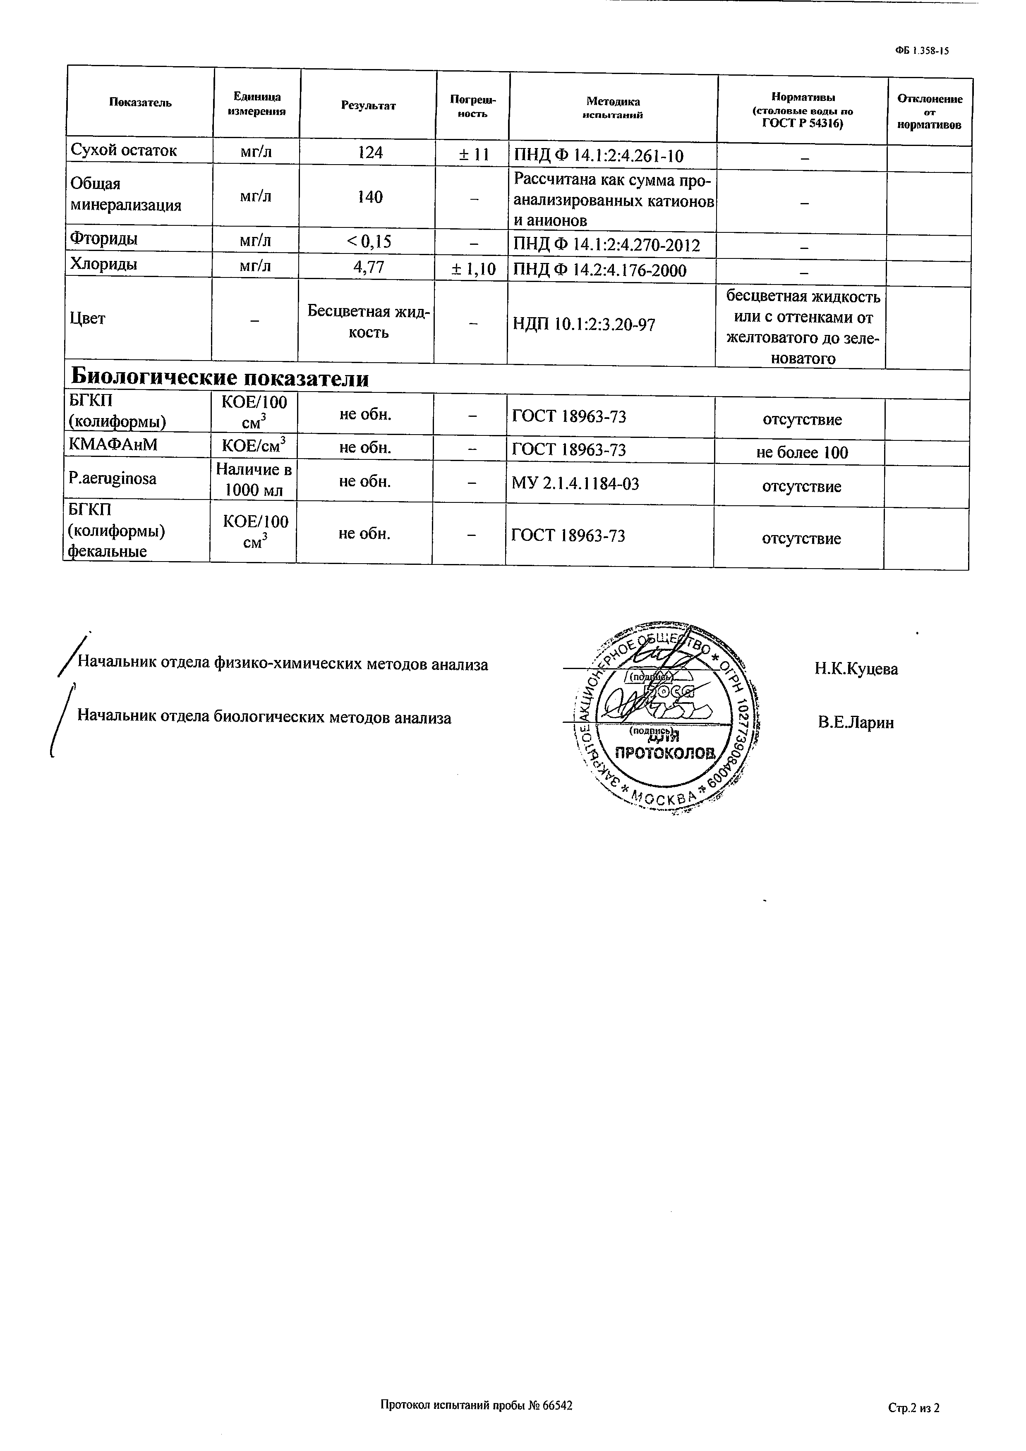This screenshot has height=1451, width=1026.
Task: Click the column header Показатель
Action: pyautogui.click(x=140, y=103)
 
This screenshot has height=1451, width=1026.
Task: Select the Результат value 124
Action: pyautogui.click(x=370, y=152)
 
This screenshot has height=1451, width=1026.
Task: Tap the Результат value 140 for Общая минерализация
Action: pyautogui.click(x=370, y=197)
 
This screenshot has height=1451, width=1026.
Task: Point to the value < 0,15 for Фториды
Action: pyautogui.click(x=369, y=241)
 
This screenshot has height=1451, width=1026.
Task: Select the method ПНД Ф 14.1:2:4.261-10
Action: pyautogui.click(x=598, y=156)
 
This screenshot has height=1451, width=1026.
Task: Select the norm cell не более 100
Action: pyautogui.click(x=802, y=452)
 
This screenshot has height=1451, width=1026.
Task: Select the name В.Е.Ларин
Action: pyautogui.click(x=856, y=722)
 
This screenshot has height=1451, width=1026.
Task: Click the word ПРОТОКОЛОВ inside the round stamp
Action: pyautogui.click(x=666, y=753)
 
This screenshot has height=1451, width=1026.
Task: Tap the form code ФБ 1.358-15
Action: pyautogui.click(x=922, y=51)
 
